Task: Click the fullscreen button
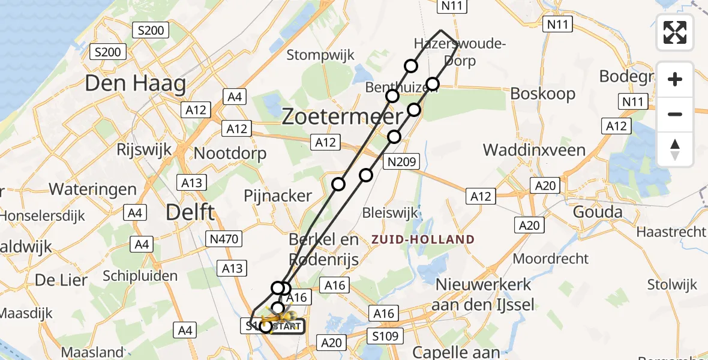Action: [x=675, y=32]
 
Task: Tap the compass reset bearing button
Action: [x=675, y=149]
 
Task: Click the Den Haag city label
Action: [x=135, y=83]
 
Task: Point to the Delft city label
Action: [x=189, y=212]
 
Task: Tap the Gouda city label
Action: [x=598, y=212]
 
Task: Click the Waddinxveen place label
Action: [x=534, y=149]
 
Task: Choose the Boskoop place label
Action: [x=542, y=94]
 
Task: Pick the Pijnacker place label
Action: [x=278, y=196]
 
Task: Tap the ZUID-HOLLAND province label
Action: [x=422, y=239]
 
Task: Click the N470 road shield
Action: [x=224, y=239]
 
